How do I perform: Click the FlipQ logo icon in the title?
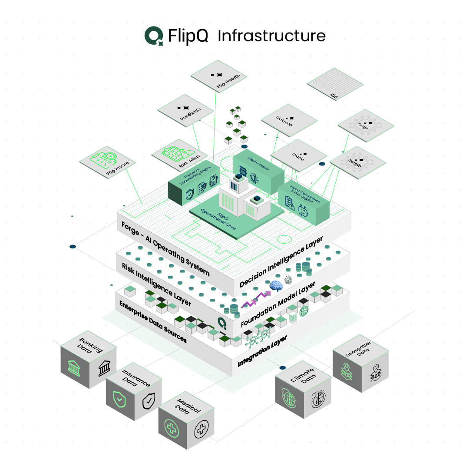point(154,36)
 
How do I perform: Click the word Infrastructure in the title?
point(271,36)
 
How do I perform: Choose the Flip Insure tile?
point(108,162)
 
